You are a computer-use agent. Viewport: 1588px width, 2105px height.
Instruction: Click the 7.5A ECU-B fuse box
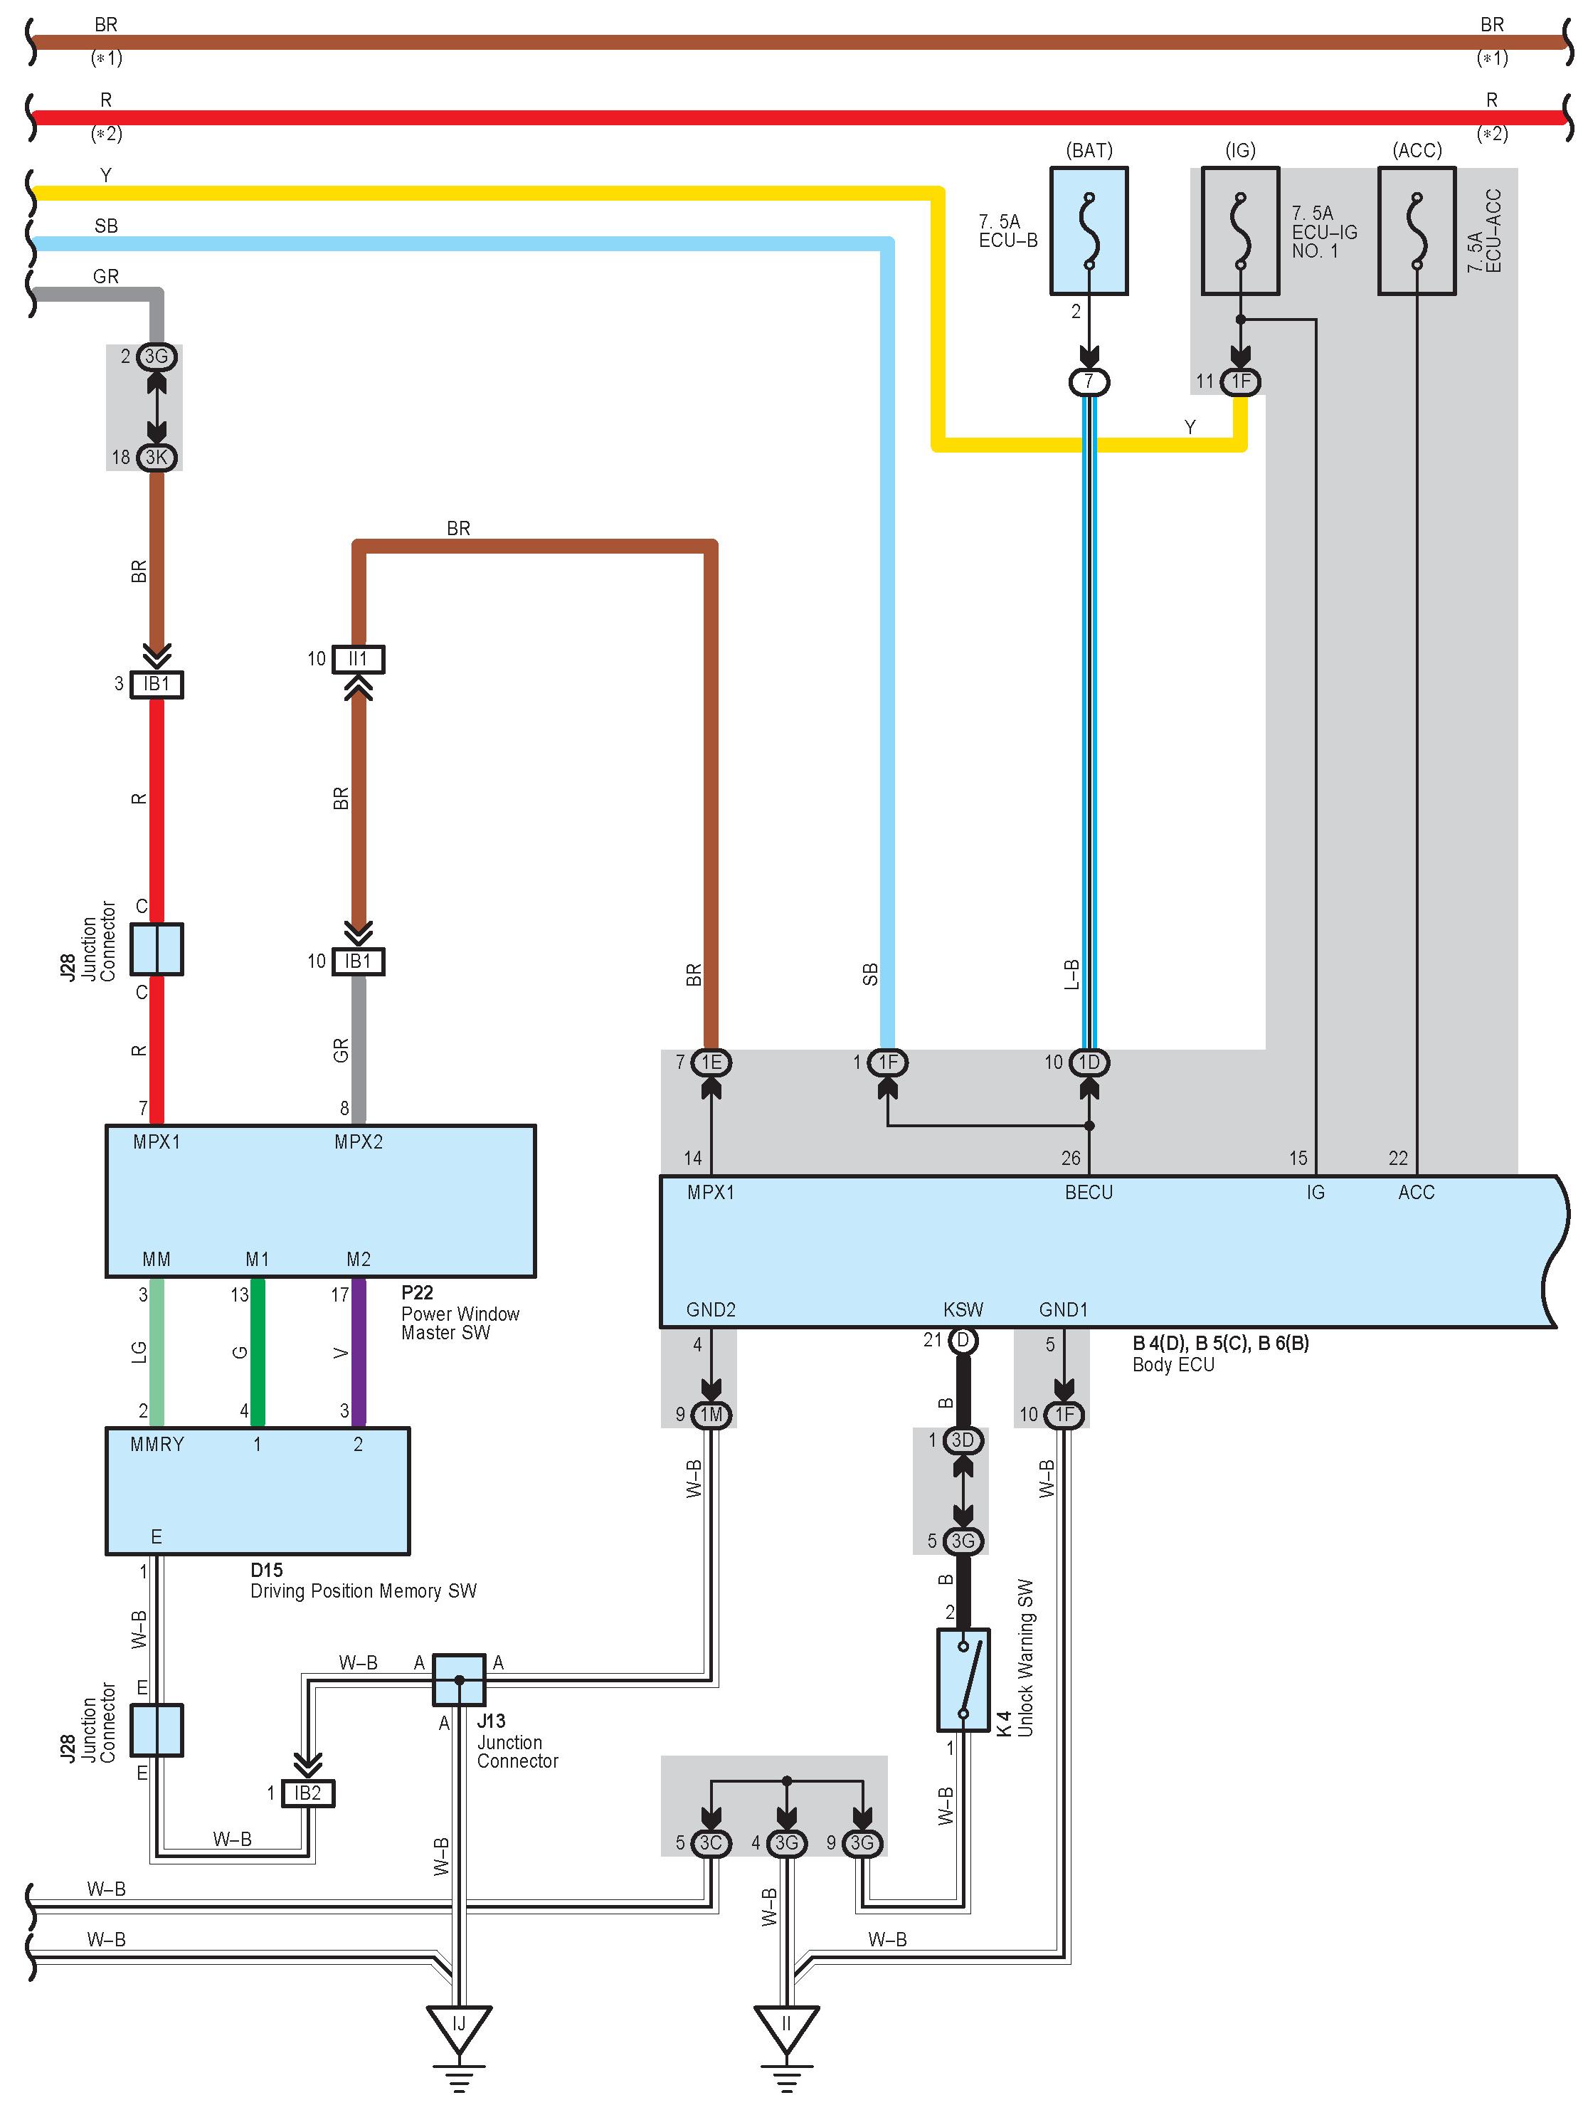1089,231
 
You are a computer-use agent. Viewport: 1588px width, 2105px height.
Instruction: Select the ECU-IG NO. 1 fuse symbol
1240,231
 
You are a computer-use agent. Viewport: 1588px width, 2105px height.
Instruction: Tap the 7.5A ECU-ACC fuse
1417,231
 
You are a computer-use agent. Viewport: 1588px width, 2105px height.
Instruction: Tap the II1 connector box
358,658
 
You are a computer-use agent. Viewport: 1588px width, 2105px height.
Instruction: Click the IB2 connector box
307,1793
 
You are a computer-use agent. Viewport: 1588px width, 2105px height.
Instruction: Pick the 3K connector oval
156,458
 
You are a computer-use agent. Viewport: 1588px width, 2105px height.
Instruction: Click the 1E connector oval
711,1062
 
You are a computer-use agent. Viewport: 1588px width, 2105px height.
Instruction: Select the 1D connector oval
1089,1062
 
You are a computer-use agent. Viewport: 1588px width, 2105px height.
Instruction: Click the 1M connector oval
711,1415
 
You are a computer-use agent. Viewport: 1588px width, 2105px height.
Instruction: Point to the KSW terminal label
963,1309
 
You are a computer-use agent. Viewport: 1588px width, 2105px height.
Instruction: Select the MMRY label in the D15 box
157,1444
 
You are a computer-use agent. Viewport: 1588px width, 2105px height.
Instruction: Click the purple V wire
359,1352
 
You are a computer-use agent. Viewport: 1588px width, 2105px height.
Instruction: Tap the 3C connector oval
711,1843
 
